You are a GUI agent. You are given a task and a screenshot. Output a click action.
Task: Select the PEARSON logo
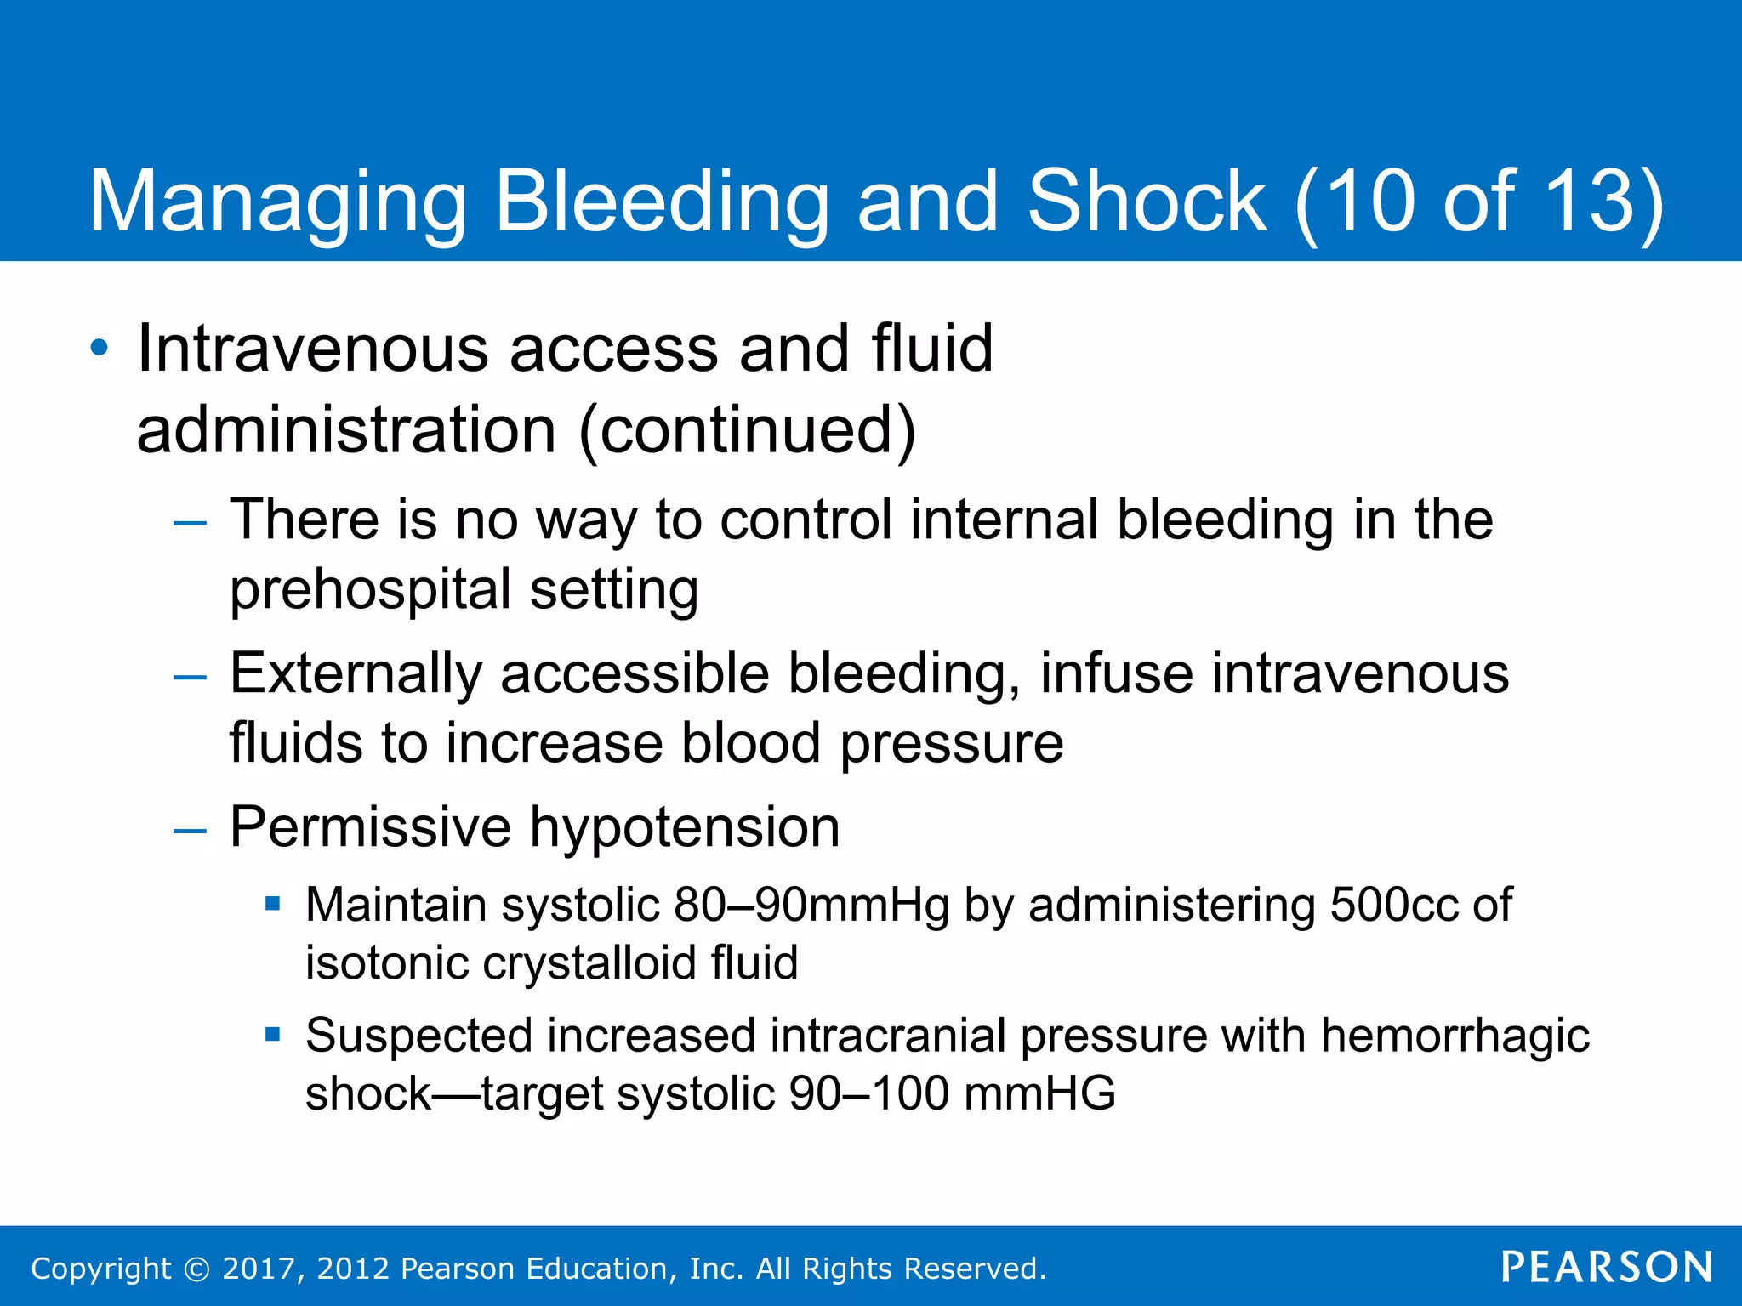pyautogui.click(x=1607, y=1267)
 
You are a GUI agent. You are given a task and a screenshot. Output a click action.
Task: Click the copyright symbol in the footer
pyautogui.click(x=196, y=1269)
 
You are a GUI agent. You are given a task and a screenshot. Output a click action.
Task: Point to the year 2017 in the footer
pyautogui.click(x=258, y=1269)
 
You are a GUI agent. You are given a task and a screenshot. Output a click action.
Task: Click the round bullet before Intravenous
pyautogui.click(x=100, y=348)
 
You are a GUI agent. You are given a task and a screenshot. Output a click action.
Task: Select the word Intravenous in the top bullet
pyautogui.click(x=312, y=348)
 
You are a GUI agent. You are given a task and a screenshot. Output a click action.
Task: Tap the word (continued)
pyautogui.click(x=747, y=429)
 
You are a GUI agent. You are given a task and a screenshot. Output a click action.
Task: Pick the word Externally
pyautogui.click(x=356, y=673)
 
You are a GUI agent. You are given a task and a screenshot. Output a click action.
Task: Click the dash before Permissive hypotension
pyautogui.click(x=190, y=830)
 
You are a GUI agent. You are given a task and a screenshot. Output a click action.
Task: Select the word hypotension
pyautogui.click(x=685, y=827)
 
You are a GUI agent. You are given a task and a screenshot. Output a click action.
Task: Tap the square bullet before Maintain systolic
pyautogui.click(x=272, y=903)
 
